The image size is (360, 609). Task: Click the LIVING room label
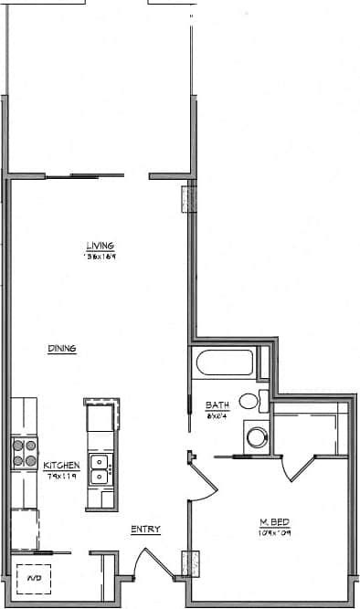(100, 245)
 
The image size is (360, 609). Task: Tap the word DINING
(62, 348)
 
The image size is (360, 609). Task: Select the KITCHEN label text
(62, 466)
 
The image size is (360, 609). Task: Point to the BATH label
(217, 404)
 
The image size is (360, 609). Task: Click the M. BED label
(273, 522)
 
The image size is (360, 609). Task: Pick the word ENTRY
(145, 529)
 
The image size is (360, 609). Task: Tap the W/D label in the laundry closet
(33, 579)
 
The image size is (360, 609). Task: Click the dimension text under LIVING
(101, 257)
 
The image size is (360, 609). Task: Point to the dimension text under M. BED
(274, 532)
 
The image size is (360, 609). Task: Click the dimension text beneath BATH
(217, 415)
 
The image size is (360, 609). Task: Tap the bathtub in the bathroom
(224, 363)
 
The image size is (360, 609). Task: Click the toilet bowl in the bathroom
(249, 401)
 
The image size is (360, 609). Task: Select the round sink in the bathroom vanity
(256, 437)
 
